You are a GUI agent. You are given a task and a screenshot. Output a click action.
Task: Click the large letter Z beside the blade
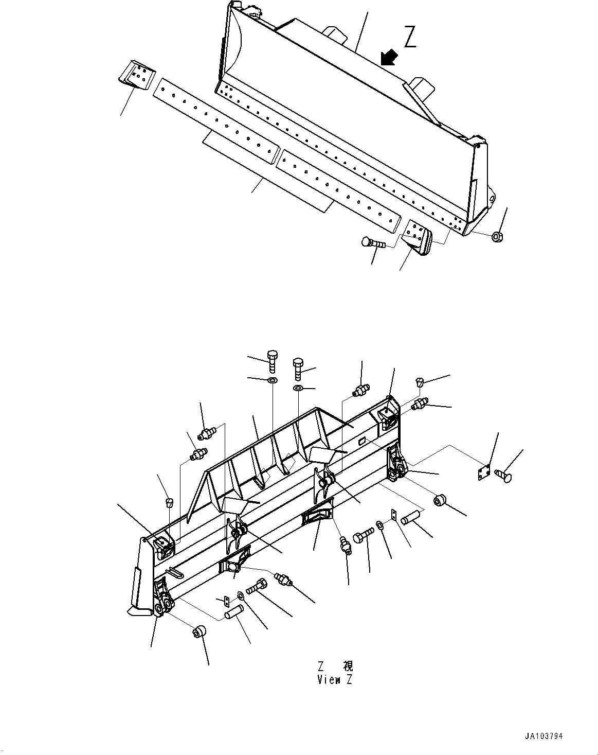tap(409, 37)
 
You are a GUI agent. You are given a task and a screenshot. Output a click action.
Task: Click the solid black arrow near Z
tap(389, 57)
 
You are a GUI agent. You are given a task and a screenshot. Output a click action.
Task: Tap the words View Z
tap(335, 679)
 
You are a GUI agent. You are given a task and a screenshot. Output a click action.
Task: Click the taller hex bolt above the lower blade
tap(273, 360)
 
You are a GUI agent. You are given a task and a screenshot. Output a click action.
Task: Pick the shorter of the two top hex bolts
tap(298, 367)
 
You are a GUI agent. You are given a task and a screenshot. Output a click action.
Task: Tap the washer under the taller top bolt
tap(272, 380)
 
